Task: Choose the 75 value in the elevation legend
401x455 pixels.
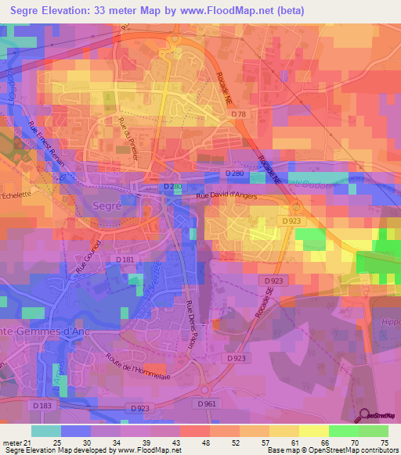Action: (384, 442)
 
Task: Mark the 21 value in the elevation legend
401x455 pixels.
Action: (31, 442)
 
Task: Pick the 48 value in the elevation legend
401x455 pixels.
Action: (204, 442)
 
